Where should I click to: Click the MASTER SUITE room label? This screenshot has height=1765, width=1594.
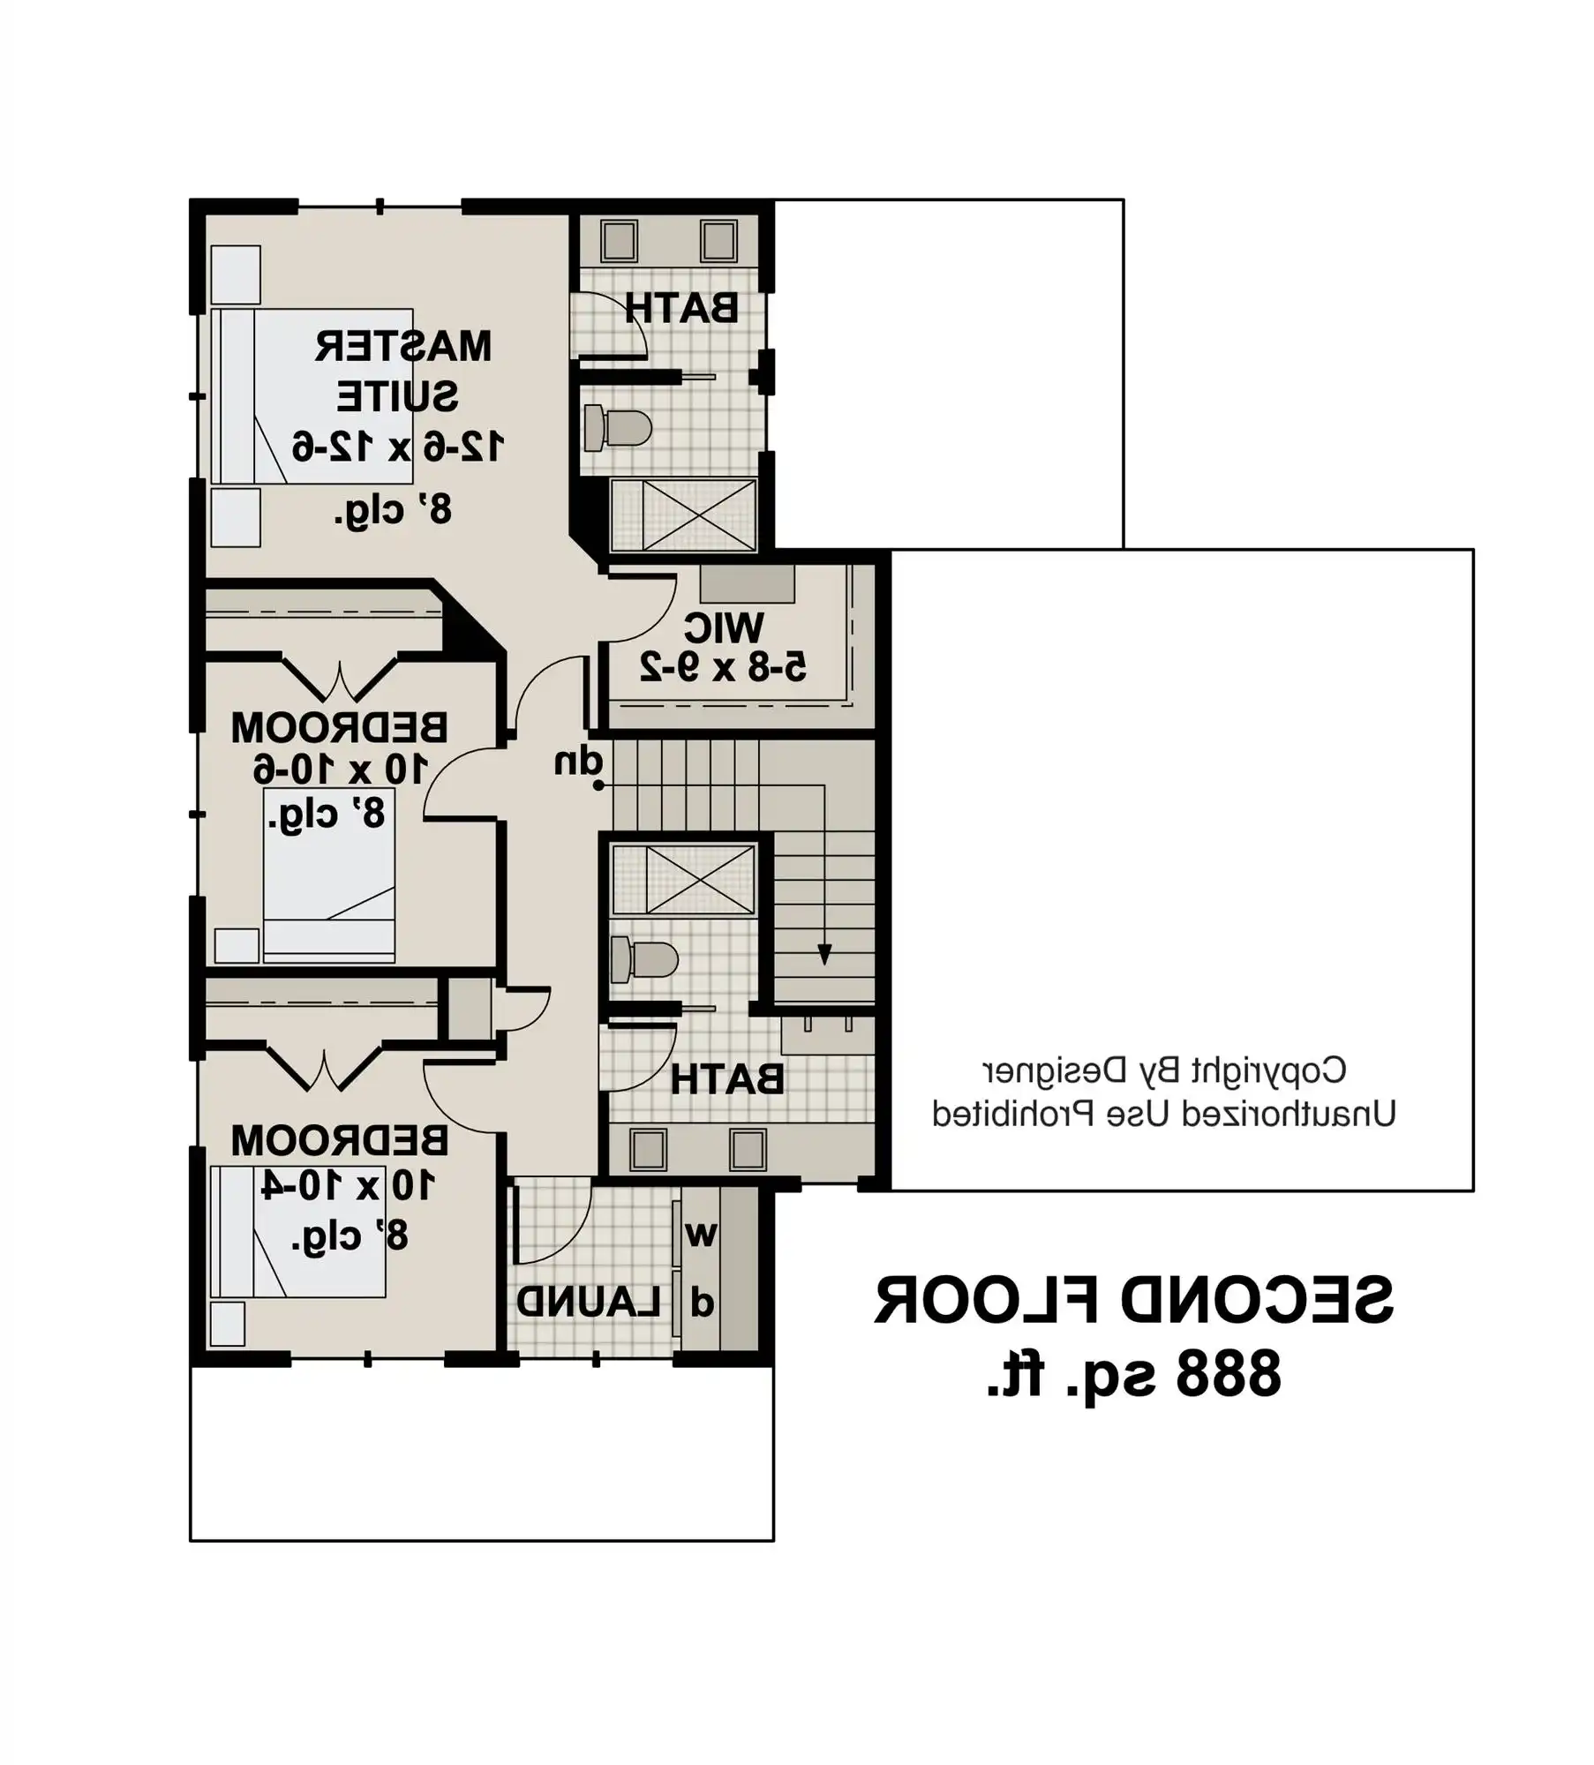click(x=402, y=371)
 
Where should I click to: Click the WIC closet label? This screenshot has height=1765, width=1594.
click(x=724, y=627)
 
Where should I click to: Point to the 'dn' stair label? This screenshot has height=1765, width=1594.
click(x=578, y=762)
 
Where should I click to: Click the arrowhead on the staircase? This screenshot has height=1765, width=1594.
click(x=823, y=955)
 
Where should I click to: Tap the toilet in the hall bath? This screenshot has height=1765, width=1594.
click(x=644, y=961)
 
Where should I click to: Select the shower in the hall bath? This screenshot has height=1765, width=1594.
click(x=684, y=880)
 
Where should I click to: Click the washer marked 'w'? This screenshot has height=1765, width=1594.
click(x=700, y=1235)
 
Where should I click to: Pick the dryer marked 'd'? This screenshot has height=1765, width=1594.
click(x=701, y=1303)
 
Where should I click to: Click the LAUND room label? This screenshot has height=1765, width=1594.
click(x=588, y=1303)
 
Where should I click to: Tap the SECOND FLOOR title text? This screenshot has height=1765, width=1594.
click(x=1133, y=1301)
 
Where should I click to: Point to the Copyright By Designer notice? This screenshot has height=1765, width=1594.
click(x=1164, y=1070)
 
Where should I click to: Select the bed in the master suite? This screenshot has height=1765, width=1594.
click(x=313, y=395)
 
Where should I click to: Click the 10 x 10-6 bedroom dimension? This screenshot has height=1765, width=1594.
click(x=340, y=770)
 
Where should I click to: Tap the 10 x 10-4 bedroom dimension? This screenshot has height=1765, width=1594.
click(x=347, y=1184)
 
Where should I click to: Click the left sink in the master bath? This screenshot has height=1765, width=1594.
click(x=619, y=240)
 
